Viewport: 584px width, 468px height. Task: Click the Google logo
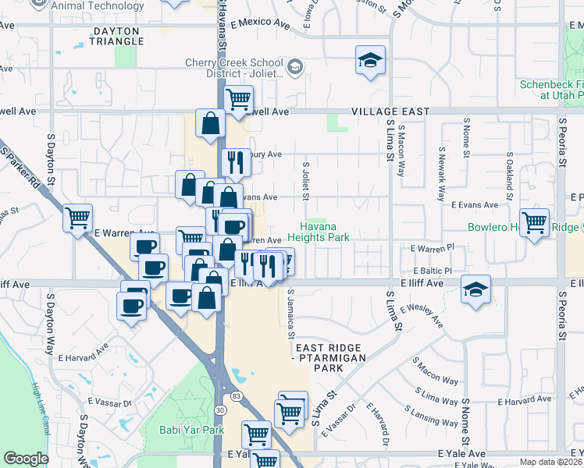27,459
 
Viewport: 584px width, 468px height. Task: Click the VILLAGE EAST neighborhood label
390,112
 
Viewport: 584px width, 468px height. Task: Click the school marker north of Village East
370,60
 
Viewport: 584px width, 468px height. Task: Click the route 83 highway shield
236,398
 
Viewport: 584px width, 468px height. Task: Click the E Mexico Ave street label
260,25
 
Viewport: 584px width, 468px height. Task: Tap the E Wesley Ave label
422,314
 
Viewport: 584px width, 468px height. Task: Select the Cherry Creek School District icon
295,66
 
